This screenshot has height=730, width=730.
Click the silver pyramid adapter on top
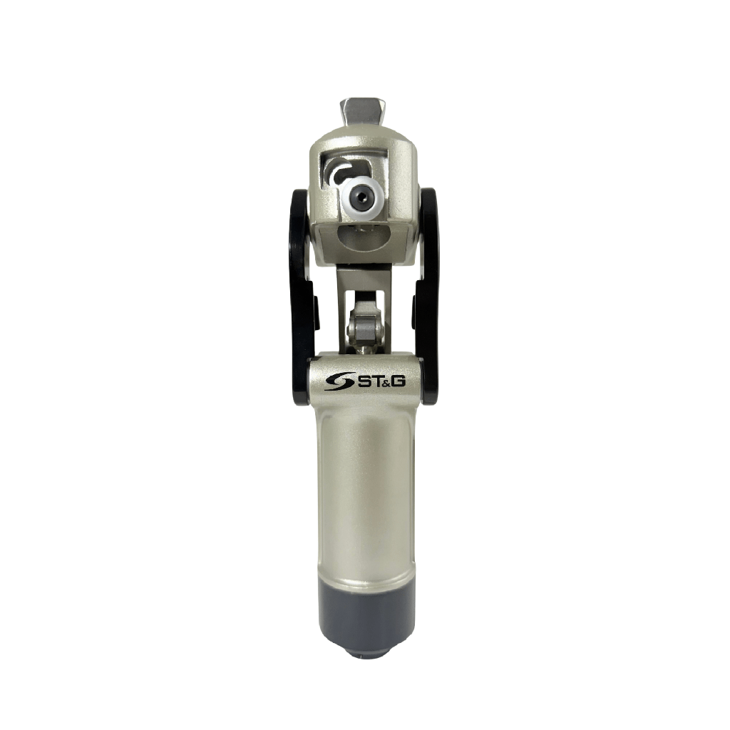coord(365,112)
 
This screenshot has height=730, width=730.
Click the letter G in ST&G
coord(399,381)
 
